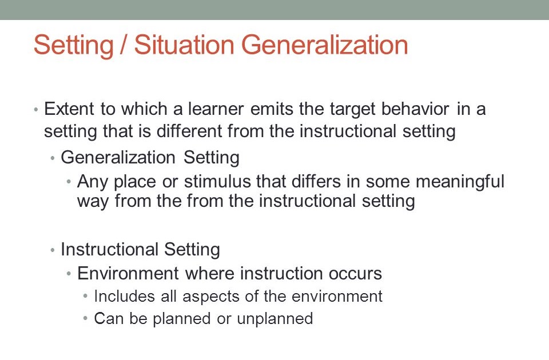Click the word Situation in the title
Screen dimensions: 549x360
coord(184,45)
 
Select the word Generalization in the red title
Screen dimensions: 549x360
coord(325,45)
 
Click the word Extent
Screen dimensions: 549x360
coord(69,109)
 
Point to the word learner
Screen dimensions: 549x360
coord(216,109)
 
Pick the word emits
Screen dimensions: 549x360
coord(272,109)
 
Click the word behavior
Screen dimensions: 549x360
coord(415,109)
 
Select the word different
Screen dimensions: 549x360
coord(189,131)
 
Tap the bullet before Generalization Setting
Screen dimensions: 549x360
coord(53,158)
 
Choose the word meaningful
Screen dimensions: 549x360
coord(460,182)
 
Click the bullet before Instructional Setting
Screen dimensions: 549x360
coord(53,250)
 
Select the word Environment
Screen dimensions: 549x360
coord(128,273)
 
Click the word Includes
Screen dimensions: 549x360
coord(124,296)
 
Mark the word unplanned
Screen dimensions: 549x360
coord(275,318)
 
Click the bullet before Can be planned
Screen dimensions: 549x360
coord(85,319)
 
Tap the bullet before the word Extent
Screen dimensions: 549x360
coord(35,110)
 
